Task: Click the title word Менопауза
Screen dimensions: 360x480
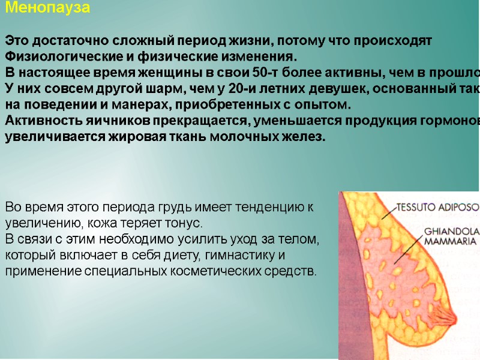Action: (x=48, y=8)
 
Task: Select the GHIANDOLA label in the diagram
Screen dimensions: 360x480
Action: (x=449, y=230)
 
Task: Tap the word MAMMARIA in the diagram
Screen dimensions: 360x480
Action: (x=449, y=242)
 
